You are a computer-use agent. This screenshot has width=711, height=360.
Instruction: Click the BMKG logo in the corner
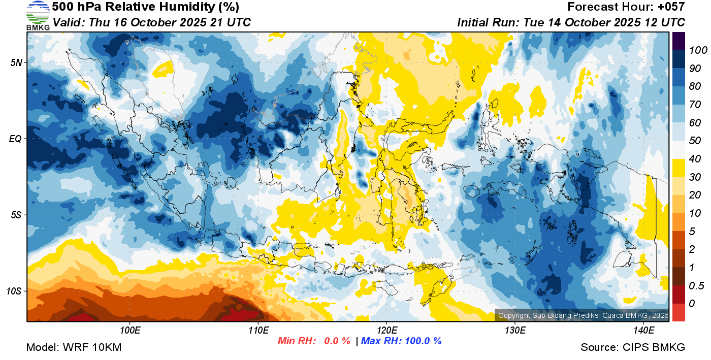[x=38, y=15]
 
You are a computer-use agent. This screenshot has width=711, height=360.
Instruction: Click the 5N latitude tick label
[x=16, y=62]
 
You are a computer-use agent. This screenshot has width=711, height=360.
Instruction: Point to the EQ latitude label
[x=15, y=139]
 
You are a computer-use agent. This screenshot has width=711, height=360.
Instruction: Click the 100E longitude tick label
[x=130, y=331]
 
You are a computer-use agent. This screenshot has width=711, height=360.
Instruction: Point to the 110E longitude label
[x=258, y=331]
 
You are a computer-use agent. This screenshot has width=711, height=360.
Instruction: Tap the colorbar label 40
[x=694, y=159]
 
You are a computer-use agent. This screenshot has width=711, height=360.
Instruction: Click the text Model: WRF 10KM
[x=73, y=347]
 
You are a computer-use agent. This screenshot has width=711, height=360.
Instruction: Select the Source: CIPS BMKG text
[x=633, y=347]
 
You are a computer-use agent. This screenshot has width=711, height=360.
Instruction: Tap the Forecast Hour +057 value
[x=672, y=7]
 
